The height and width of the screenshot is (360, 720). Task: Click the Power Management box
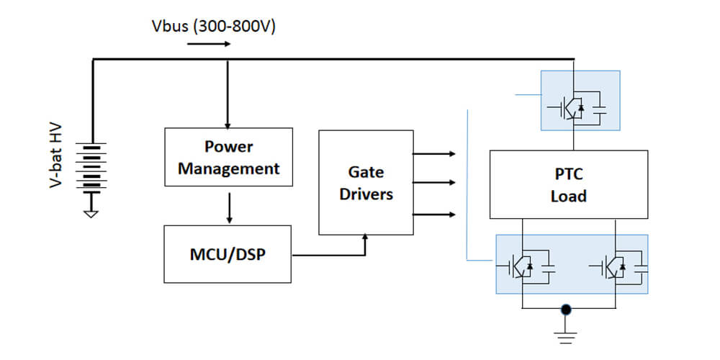[x=228, y=158]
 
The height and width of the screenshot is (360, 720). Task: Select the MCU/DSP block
[x=228, y=254]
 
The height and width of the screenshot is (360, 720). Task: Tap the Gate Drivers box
[x=366, y=183]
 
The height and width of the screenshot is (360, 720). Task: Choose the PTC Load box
[x=568, y=184]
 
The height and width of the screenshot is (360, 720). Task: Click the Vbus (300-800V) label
[x=214, y=27]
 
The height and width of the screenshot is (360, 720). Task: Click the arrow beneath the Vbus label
[x=209, y=45]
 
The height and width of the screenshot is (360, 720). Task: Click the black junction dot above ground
[x=567, y=310]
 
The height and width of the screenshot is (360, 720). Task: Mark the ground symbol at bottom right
[x=567, y=332]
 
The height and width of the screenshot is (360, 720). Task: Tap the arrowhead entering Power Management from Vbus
[x=228, y=124]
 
